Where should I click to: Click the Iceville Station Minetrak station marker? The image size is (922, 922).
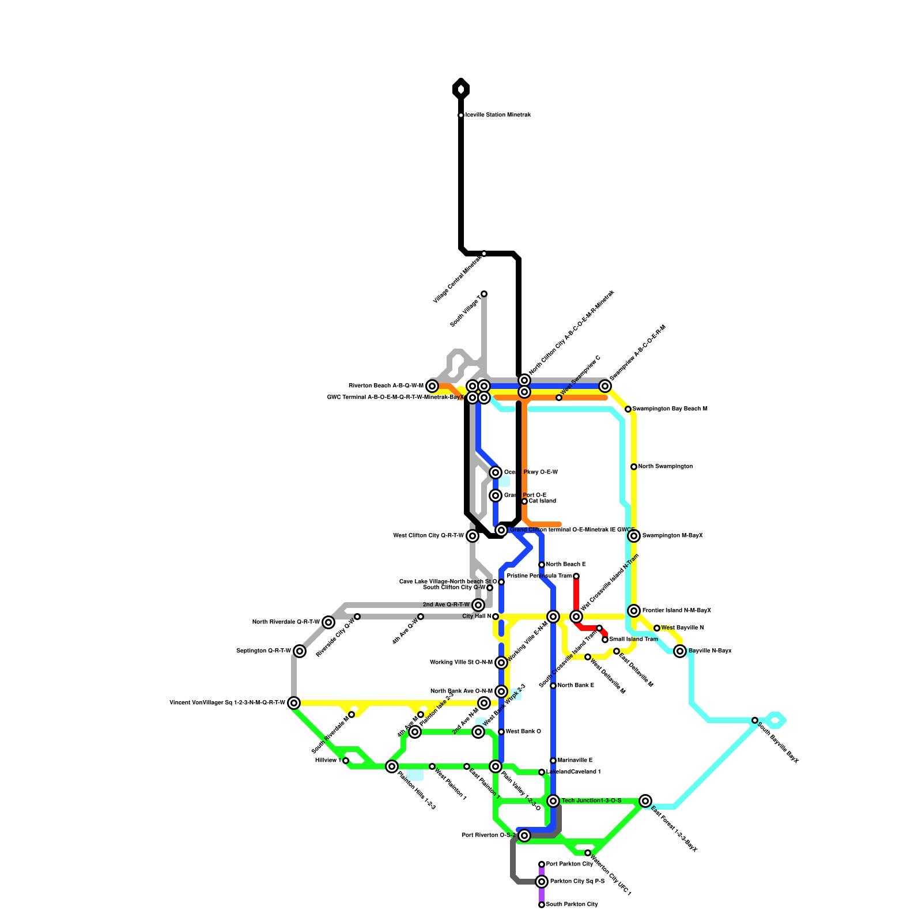[461, 115]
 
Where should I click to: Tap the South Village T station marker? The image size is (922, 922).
[484, 294]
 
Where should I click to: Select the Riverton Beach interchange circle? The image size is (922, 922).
[432, 386]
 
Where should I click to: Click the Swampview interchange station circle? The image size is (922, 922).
[605, 386]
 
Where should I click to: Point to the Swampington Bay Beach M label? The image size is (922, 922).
[670, 409]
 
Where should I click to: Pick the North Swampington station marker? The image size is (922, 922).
[634, 467]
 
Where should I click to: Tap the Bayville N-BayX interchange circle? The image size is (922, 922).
[680, 651]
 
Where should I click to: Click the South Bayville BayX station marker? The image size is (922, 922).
[755, 720]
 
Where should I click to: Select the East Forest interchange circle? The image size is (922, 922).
[645, 801]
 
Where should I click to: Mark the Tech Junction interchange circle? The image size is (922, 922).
[553, 801]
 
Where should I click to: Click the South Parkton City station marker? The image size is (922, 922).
[542, 905]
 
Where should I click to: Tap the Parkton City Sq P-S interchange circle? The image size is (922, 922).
[542, 882]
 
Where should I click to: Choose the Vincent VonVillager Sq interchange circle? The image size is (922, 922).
[294, 703]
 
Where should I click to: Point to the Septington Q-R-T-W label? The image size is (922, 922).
[263, 651]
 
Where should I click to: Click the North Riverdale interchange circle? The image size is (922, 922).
[328, 622]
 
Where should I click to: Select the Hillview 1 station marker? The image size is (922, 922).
[346, 761]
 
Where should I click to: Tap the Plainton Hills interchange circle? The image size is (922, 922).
[392, 766]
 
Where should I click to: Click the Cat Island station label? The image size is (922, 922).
[542, 501]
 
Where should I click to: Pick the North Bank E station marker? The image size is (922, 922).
[553, 686]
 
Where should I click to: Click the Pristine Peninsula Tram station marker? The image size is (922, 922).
[576, 576]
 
